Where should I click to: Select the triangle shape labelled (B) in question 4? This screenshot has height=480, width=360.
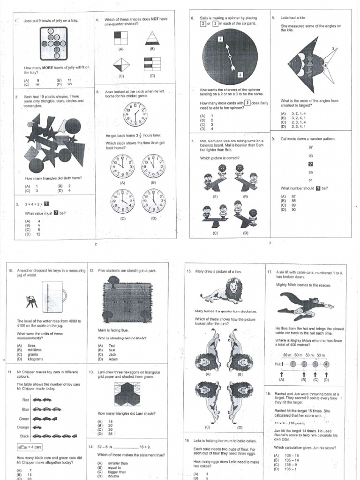152,38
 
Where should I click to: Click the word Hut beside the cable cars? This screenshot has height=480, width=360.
278,364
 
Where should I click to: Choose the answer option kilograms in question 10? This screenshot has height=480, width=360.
36,359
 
